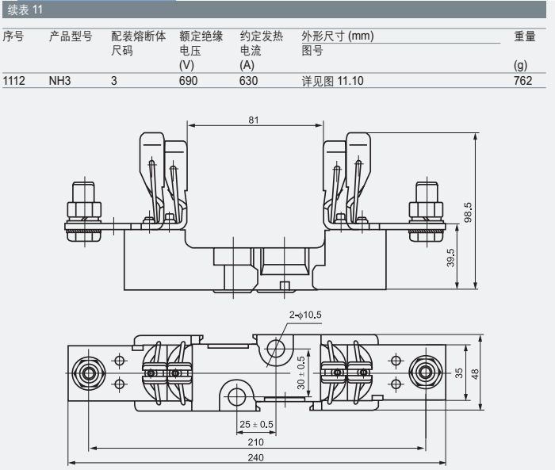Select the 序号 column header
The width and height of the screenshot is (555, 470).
(x=13, y=36)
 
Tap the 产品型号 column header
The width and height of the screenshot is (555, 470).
(x=71, y=36)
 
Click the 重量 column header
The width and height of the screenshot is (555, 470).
(x=525, y=36)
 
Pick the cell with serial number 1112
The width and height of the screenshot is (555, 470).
(x=14, y=80)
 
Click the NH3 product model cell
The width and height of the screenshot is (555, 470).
(x=59, y=80)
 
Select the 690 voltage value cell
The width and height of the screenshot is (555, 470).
(x=188, y=80)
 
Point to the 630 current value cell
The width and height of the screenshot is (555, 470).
(x=248, y=80)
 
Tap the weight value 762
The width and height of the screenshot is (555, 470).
(x=522, y=80)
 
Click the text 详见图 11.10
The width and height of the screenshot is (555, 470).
(x=332, y=80)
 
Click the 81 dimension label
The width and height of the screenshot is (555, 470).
(x=254, y=120)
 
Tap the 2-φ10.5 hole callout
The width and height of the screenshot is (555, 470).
(x=305, y=315)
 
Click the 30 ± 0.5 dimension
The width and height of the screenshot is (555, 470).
(x=301, y=372)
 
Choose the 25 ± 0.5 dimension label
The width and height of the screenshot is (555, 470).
(x=256, y=424)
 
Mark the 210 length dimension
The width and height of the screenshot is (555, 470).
(x=256, y=441)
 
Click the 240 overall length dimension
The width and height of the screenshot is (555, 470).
(x=256, y=457)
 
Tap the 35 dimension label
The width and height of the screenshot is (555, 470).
(x=459, y=372)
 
